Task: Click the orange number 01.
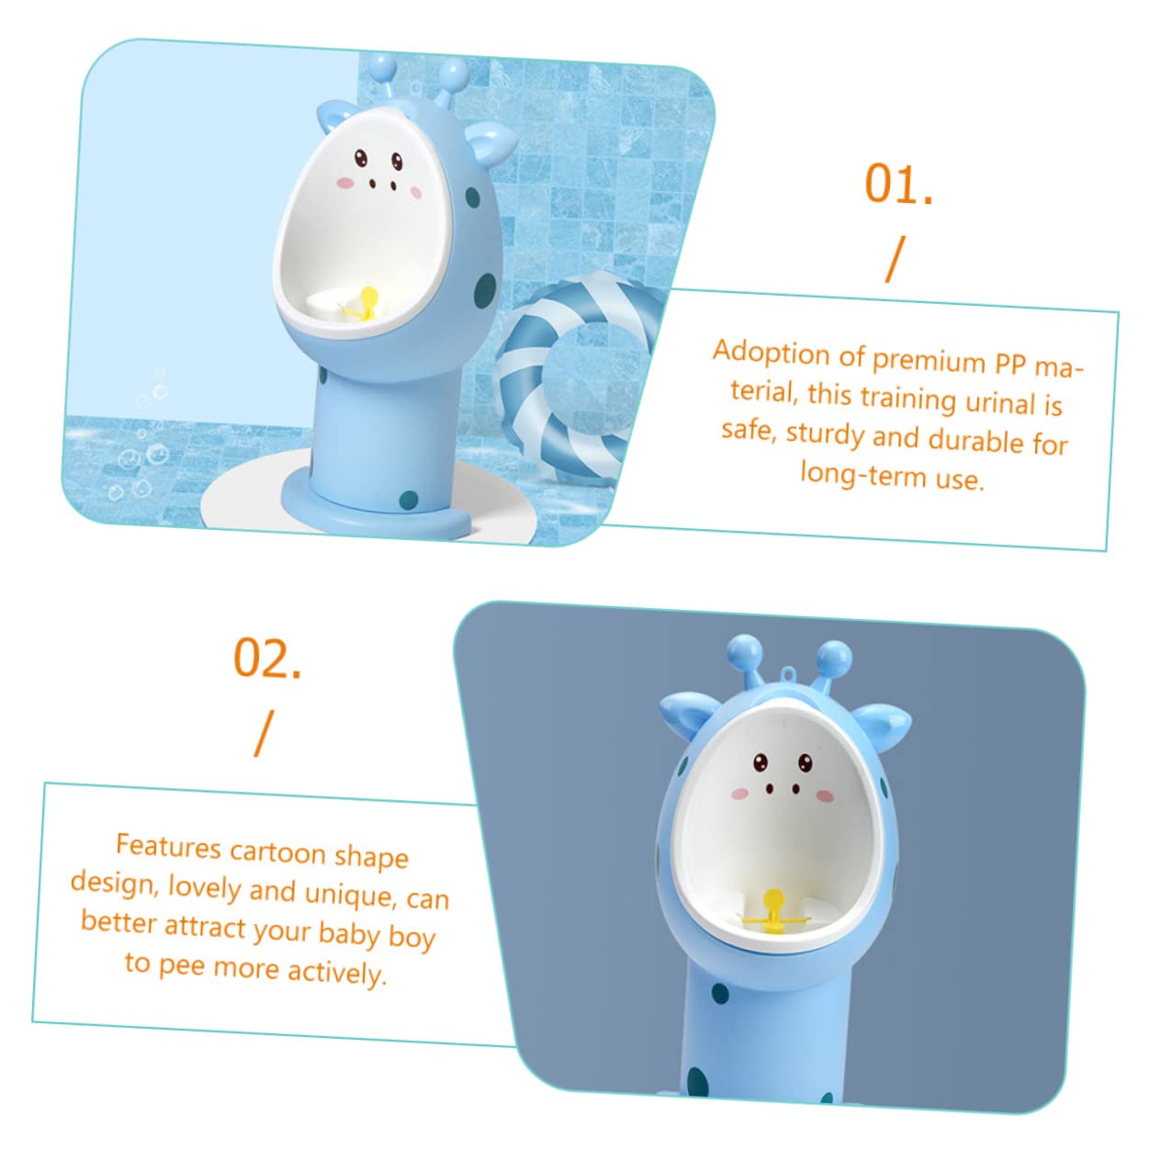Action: pyautogui.click(x=897, y=184)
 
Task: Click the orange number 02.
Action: pyautogui.click(x=267, y=658)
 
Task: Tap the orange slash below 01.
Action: pyautogui.click(x=896, y=259)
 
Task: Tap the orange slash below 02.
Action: pyautogui.click(x=264, y=733)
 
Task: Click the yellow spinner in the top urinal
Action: pyautogui.click(x=366, y=305)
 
